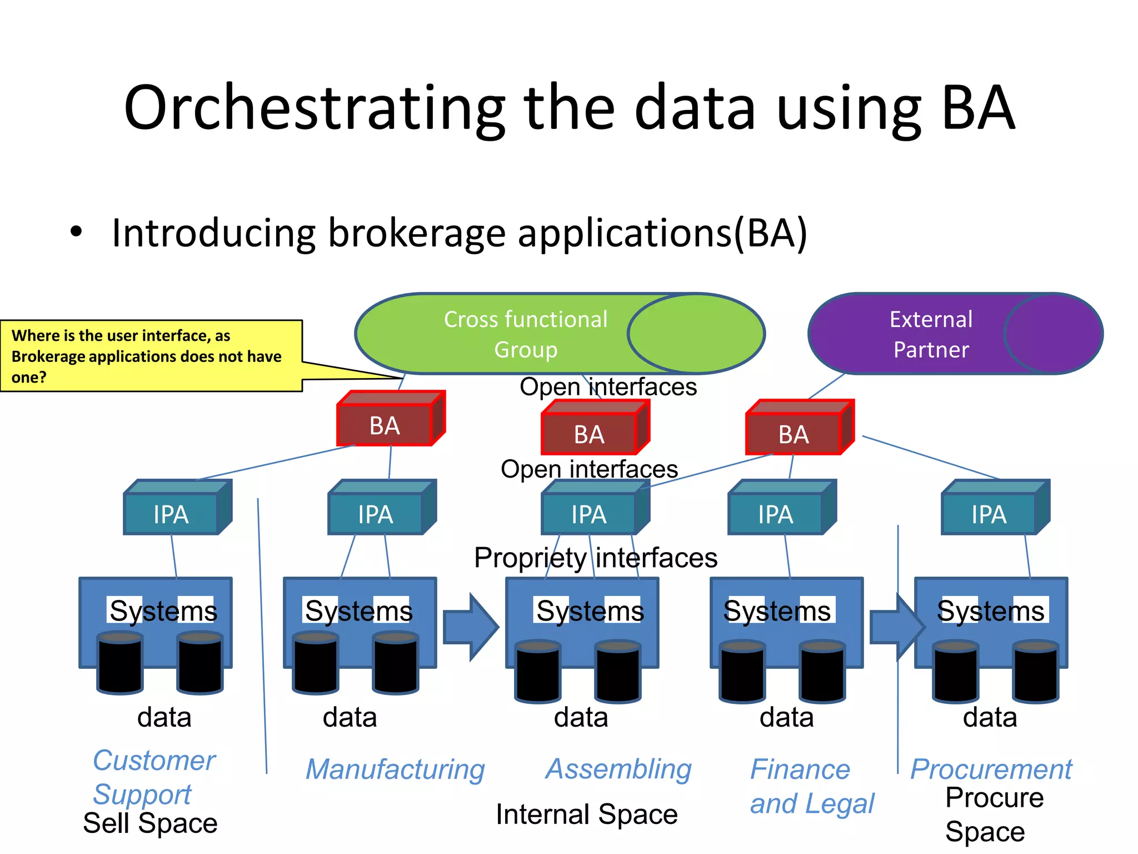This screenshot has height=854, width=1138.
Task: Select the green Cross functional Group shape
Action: point(525,334)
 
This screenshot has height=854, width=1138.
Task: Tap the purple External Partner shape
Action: point(931,334)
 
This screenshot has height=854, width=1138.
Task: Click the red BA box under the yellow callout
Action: point(385,425)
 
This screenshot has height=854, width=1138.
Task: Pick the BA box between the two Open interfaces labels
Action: point(590,434)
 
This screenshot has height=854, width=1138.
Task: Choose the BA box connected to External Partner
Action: point(794,434)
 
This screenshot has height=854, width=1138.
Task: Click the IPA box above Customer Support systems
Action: point(171,514)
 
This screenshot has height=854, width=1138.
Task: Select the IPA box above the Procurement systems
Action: point(989,514)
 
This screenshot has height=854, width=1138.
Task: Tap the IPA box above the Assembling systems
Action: point(589,514)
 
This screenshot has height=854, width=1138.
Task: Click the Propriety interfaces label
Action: point(595,558)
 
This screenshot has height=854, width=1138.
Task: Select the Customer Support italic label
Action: point(153,777)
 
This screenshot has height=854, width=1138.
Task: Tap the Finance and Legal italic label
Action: point(811,786)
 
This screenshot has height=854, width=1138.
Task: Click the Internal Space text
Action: point(586,815)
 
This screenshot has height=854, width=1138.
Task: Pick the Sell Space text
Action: point(150,823)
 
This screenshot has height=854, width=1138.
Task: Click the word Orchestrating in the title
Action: point(314,108)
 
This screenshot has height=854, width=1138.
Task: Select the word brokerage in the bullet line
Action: point(417,234)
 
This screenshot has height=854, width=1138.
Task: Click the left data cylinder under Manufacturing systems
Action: point(315,663)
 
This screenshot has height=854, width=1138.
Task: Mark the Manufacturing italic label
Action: point(395,770)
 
